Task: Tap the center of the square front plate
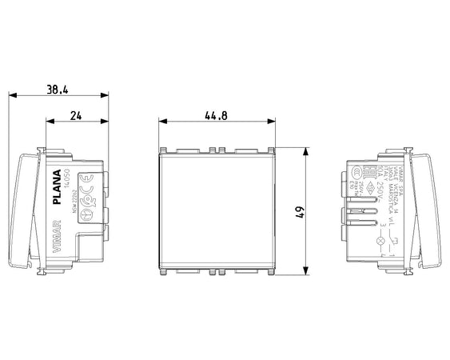pos(217,213)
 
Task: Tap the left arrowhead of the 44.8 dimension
pos(162,122)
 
